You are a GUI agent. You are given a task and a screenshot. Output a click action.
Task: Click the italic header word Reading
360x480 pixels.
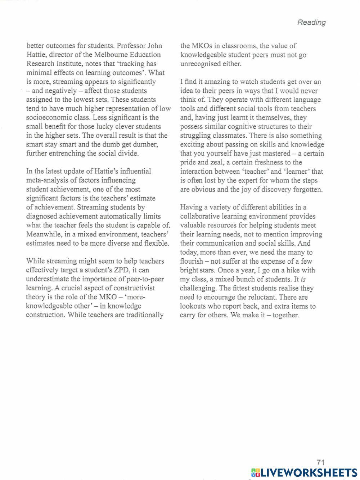tap(311, 22)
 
